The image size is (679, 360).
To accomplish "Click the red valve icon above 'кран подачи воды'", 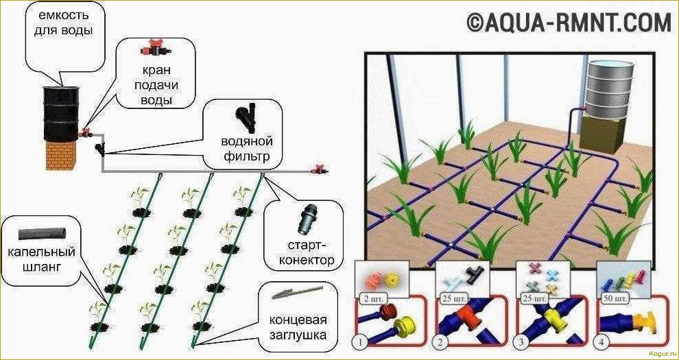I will (154, 50).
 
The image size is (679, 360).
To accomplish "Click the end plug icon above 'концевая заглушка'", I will (291, 296).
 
